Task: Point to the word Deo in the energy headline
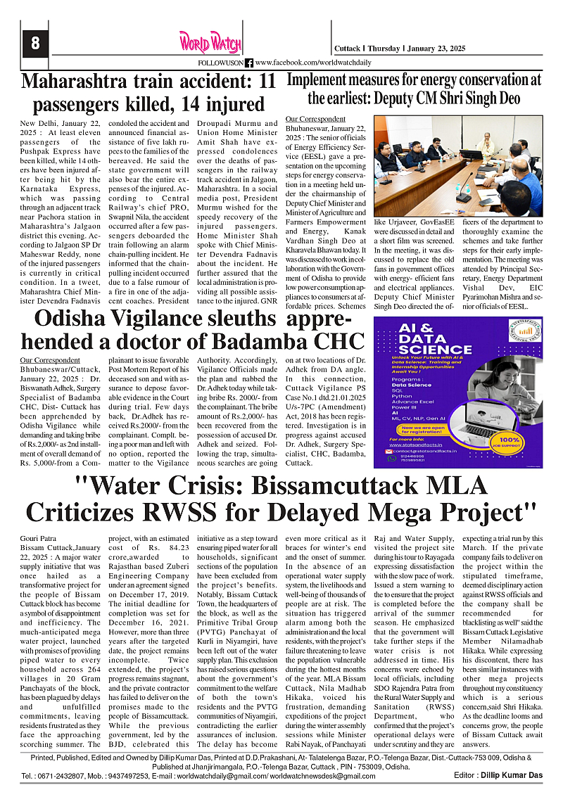(x=521, y=98)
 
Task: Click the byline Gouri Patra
(x=39, y=537)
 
